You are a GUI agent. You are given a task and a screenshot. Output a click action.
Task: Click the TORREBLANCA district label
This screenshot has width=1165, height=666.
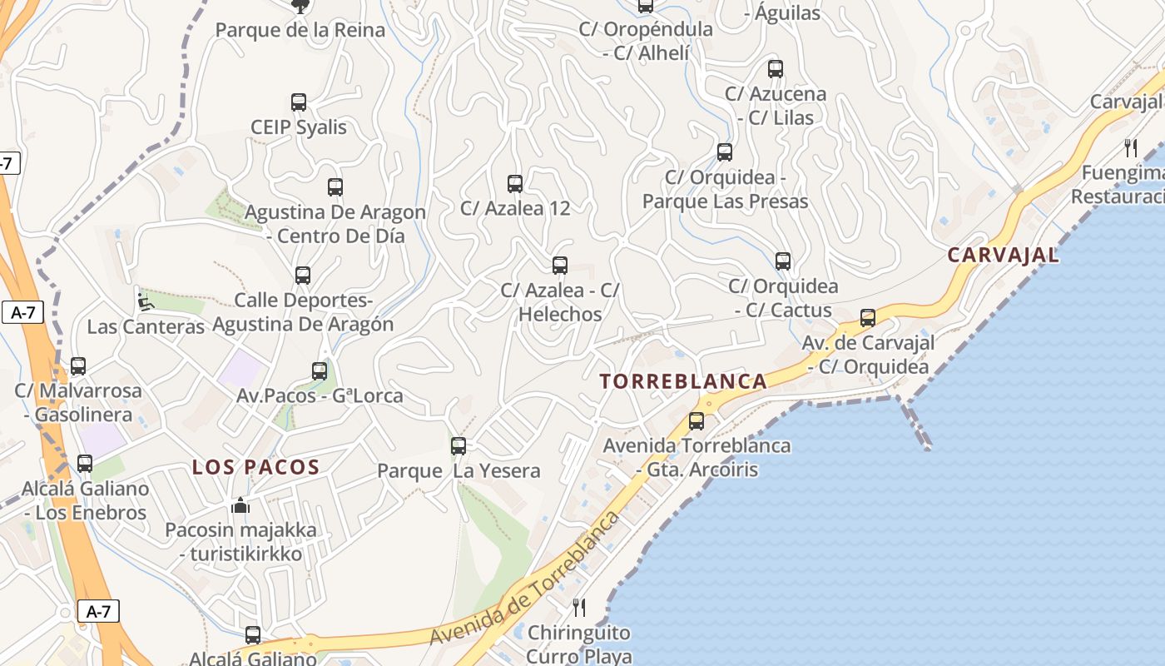point(683,381)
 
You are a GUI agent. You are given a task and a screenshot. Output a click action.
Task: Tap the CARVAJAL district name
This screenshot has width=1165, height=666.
point(1004,255)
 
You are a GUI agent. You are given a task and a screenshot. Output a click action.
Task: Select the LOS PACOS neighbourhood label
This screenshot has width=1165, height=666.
point(256,467)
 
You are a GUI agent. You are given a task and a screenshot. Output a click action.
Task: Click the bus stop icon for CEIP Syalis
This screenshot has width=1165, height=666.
point(299,102)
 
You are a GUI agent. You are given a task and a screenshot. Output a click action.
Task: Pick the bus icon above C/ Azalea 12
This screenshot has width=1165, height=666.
point(515,183)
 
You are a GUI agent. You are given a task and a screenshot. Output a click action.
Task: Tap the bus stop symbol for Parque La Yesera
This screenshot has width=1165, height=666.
point(459,445)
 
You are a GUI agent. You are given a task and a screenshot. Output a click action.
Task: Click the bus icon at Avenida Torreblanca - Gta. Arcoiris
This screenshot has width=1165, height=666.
point(697,420)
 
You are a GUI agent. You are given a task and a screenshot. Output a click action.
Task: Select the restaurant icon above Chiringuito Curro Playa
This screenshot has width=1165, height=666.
point(579,607)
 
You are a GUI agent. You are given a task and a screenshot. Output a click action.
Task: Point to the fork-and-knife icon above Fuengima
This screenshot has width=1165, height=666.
point(1130,148)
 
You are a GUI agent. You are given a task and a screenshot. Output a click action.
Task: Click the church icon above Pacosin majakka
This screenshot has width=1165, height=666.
point(240,505)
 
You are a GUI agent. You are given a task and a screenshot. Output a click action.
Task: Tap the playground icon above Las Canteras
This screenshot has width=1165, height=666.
point(146,301)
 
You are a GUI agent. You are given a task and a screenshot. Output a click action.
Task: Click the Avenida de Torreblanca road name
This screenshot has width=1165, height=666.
point(525,579)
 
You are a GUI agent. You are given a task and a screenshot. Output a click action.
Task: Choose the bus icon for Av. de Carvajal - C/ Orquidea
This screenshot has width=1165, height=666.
point(868,317)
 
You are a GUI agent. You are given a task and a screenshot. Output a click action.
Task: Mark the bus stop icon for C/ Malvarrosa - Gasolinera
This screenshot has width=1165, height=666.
point(78,365)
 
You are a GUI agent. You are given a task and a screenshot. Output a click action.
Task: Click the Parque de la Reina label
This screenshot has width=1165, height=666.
point(300,31)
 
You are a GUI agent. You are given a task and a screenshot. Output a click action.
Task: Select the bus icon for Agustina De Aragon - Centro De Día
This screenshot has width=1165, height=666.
point(335,186)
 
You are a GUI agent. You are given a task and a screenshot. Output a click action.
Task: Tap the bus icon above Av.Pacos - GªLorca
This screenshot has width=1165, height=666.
point(320,370)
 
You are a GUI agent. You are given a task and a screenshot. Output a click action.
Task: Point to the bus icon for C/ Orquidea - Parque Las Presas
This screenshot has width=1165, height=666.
point(725,152)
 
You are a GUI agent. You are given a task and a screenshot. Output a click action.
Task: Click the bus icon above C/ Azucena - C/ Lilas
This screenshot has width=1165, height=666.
point(776,68)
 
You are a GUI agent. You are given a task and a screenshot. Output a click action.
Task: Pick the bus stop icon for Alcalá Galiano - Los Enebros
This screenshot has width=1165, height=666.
point(85,463)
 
